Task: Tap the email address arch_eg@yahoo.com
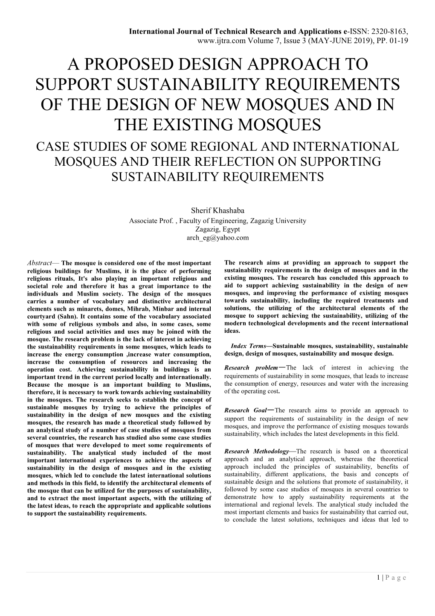coord(217,238)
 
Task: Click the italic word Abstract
coord(39,263)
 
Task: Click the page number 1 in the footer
coord(379,578)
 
